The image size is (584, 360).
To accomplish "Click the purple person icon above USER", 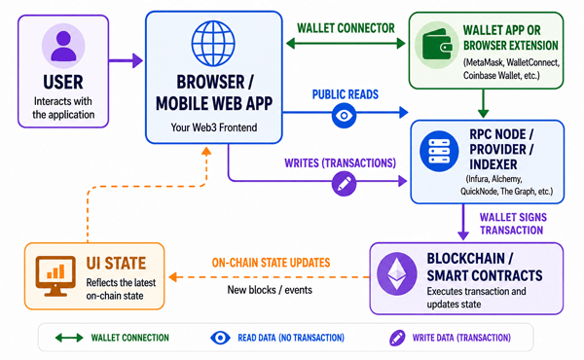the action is point(63,46).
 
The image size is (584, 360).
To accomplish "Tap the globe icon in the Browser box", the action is point(213,44).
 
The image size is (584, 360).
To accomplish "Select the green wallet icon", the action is point(437,45).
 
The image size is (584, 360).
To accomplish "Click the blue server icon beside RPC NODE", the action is point(439,151).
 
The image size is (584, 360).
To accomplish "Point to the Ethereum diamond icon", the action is point(397,273).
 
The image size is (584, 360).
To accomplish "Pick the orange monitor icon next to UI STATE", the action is point(55,276).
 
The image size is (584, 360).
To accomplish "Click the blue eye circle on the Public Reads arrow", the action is point(344,116).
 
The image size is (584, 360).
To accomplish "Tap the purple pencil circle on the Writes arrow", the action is point(344,184).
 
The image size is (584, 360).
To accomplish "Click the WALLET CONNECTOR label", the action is point(346,28).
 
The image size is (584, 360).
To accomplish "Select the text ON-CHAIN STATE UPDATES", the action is point(271,263).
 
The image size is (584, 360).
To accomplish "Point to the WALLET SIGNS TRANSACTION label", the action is point(513,224).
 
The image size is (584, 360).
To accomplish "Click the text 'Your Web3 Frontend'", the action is point(214,127).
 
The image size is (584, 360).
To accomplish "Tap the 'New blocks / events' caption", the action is point(270,290).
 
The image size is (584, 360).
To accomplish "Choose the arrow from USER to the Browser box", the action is point(126,60).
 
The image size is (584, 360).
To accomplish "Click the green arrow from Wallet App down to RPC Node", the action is point(483,103).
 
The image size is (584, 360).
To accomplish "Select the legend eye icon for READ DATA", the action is point(220,338).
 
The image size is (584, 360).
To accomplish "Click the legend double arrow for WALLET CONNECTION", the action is point(69,338).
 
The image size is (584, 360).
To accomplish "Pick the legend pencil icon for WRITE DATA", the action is point(397,338).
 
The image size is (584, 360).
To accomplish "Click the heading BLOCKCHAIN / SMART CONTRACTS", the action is point(485,267).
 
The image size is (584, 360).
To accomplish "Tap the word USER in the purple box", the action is point(63,83).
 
